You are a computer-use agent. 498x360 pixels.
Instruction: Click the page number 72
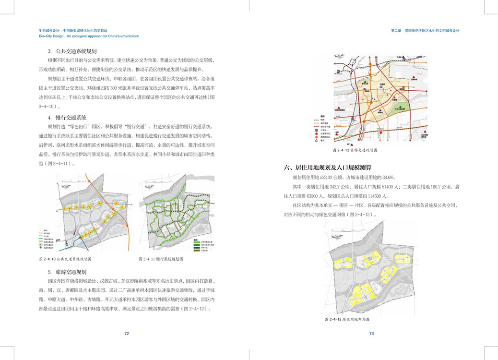127,334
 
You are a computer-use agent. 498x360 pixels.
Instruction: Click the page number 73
371,334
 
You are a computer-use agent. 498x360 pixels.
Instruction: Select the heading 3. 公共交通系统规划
72,51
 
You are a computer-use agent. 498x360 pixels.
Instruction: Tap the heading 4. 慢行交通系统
67,118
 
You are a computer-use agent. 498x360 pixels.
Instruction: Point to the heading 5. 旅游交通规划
67,272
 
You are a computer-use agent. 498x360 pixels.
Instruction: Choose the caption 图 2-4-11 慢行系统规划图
161,259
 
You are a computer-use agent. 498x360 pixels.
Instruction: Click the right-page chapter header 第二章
396,31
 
